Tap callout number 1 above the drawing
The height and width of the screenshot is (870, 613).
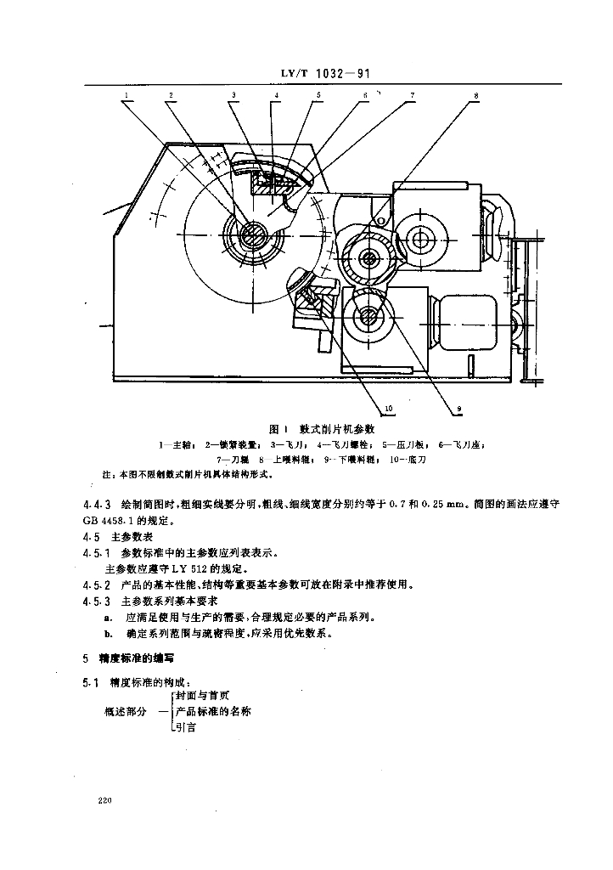click(125, 96)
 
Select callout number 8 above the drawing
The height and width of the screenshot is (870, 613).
click(476, 96)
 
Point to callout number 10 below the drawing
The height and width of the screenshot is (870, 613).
click(390, 410)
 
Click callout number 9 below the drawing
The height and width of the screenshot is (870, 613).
click(458, 410)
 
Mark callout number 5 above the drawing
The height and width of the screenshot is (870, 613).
click(319, 96)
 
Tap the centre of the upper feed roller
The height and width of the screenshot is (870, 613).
click(369, 257)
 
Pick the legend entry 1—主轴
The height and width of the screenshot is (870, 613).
click(177, 444)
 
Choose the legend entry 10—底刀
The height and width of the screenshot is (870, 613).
click(409, 459)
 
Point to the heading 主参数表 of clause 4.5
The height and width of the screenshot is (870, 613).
click(131, 537)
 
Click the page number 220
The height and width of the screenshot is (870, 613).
click(106, 800)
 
